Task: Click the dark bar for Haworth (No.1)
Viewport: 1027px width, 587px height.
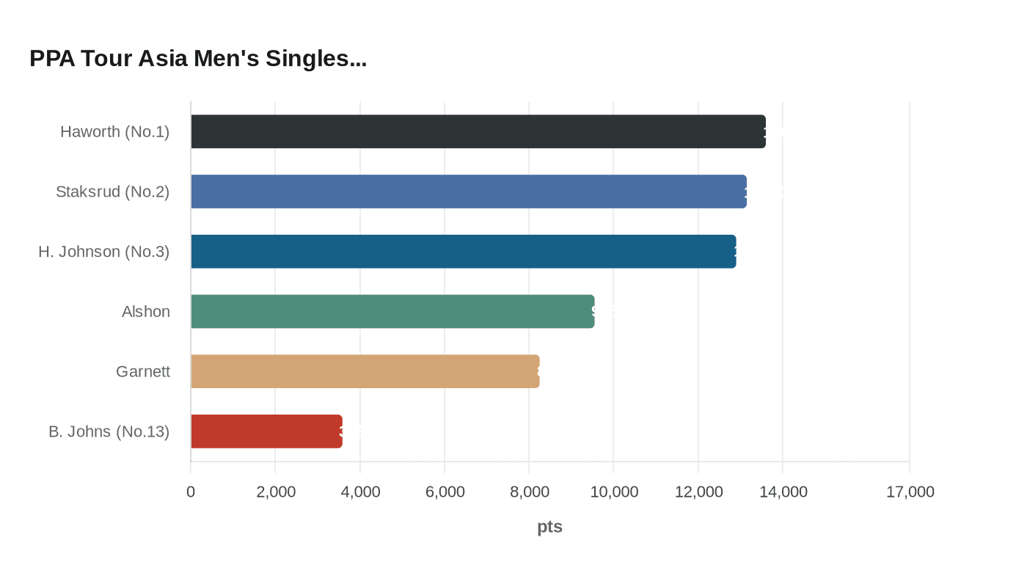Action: (478, 131)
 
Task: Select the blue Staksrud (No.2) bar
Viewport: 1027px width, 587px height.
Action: (468, 192)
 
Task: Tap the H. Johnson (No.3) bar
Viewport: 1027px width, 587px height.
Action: (463, 252)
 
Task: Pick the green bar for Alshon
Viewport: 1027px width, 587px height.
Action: (392, 311)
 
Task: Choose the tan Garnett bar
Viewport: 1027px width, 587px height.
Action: (365, 371)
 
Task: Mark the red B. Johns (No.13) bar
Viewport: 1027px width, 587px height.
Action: (266, 431)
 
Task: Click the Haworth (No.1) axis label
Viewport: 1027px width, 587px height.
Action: (114, 132)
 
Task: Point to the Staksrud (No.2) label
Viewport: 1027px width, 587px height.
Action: (112, 192)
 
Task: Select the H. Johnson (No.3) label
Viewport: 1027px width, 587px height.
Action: (103, 252)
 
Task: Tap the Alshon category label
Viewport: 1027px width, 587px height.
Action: (146, 312)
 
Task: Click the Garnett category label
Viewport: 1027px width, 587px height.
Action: (143, 372)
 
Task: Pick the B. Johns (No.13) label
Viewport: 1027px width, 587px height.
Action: (109, 431)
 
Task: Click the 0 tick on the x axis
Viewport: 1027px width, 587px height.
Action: (191, 492)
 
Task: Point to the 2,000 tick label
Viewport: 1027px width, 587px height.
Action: (276, 492)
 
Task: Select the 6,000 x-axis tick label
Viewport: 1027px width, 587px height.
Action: (445, 492)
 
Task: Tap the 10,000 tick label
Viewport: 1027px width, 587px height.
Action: (614, 492)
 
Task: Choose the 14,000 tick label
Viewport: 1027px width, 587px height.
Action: (783, 492)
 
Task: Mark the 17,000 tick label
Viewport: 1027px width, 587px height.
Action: (910, 492)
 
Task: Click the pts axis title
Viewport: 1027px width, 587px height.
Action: (549, 527)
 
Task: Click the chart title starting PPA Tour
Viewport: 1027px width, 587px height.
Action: (198, 59)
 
